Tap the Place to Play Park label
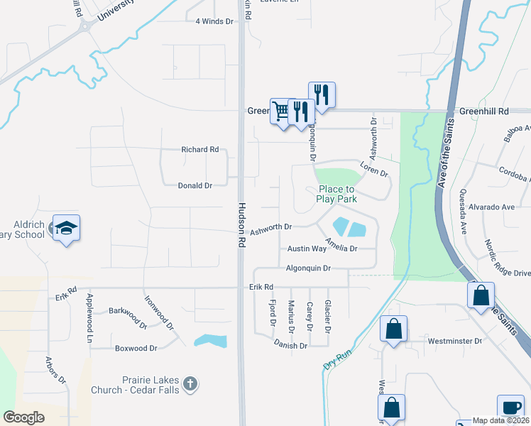[336, 194]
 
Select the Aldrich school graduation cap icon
[66, 228]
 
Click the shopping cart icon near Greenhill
[282, 111]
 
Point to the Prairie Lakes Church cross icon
[190, 384]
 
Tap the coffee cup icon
[510, 408]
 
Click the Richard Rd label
[199, 150]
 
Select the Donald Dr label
[195, 185]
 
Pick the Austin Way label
[307, 249]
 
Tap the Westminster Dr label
[454, 342]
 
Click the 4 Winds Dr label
[214, 21]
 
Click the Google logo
[23, 417]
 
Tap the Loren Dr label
[374, 173]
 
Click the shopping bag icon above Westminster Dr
[393, 329]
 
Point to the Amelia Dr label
[341, 248]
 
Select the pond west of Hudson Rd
[210, 341]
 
